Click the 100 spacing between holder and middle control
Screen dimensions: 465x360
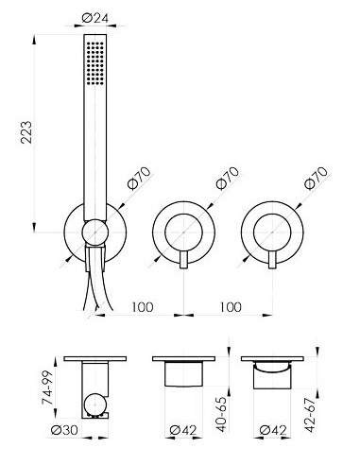pyautogui.click(x=143, y=307)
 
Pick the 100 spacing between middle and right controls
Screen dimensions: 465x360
pyautogui.click(x=231, y=307)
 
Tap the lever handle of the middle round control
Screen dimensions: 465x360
pyautogui.click(x=184, y=259)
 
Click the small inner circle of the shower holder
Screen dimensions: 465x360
pyautogui.click(x=94, y=232)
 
